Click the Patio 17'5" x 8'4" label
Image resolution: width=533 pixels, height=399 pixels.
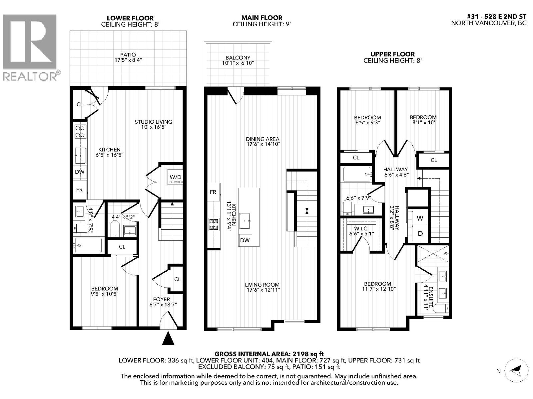tap(128, 58)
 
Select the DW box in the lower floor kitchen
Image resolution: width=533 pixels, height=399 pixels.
tap(80, 172)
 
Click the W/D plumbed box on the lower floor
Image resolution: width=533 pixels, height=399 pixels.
tap(175, 178)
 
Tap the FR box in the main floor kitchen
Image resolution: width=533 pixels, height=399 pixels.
tap(213, 192)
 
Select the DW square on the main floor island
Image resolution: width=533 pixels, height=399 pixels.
tap(245, 240)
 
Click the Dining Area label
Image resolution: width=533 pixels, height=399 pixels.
tap(263, 139)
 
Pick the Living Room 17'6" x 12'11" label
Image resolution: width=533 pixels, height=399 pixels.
tap(262, 287)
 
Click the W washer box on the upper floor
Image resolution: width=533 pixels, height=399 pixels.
tap(420, 218)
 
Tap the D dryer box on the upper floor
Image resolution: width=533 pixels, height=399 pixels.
tap(420, 233)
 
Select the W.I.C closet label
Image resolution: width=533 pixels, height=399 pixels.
tap(361, 228)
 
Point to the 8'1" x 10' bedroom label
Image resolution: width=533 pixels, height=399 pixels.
tap(423, 120)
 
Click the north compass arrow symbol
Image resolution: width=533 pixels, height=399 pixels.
tap(516, 370)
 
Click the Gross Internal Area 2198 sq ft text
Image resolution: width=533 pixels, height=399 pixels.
tap(269, 354)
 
